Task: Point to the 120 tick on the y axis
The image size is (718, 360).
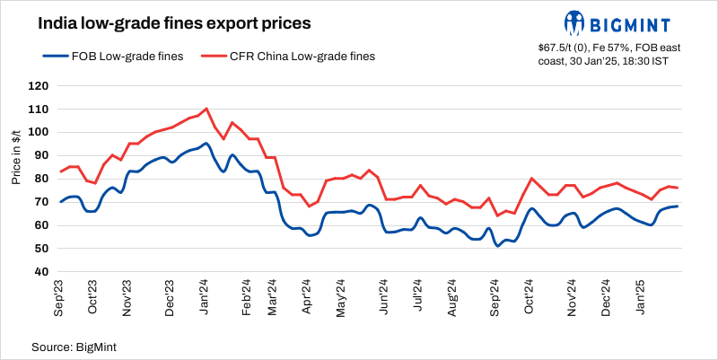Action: [39, 86]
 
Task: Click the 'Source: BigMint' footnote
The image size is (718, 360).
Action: [75, 346]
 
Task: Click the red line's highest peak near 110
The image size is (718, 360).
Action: [206, 109]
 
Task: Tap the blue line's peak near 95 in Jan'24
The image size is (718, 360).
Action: [206, 144]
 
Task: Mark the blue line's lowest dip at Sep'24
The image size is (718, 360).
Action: [498, 245]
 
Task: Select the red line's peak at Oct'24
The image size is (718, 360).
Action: [532, 179]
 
